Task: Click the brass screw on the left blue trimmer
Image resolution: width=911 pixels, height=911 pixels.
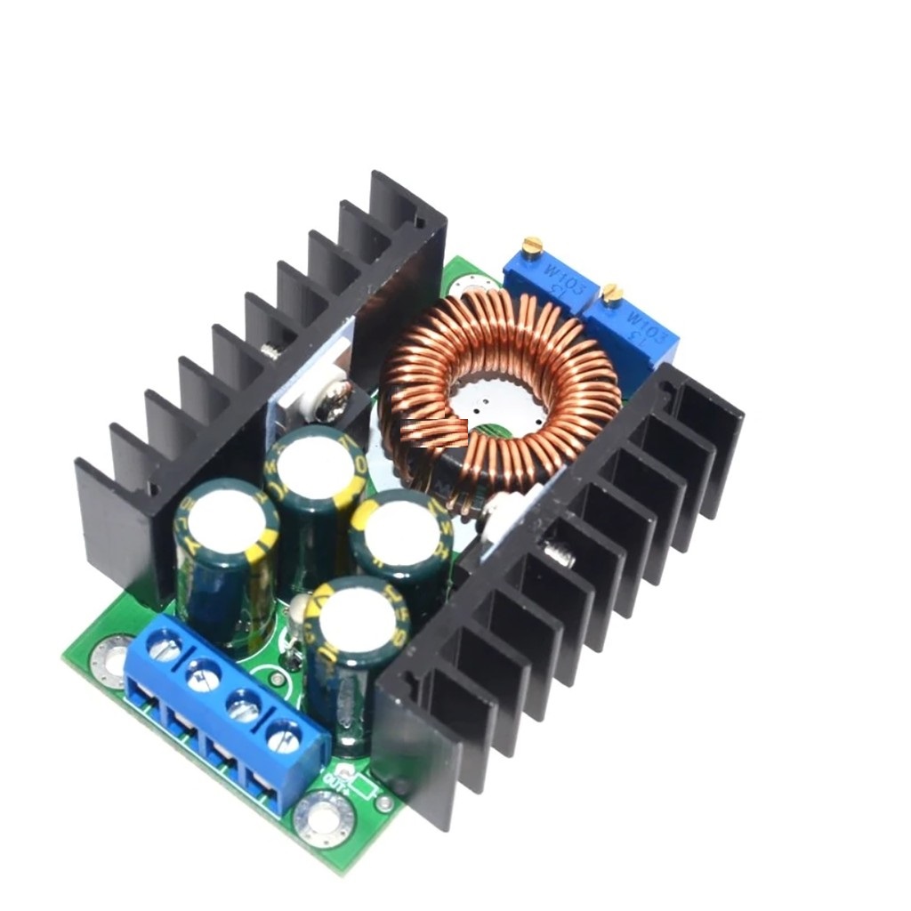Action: (x=532, y=244)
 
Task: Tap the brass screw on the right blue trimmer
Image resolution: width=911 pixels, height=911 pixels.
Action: (x=611, y=293)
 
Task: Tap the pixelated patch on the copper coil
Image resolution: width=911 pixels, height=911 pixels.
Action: (x=434, y=433)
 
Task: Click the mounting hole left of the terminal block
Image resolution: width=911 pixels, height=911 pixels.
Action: (x=115, y=659)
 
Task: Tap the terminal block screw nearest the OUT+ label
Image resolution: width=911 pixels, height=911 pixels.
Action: (x=283, y=735)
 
